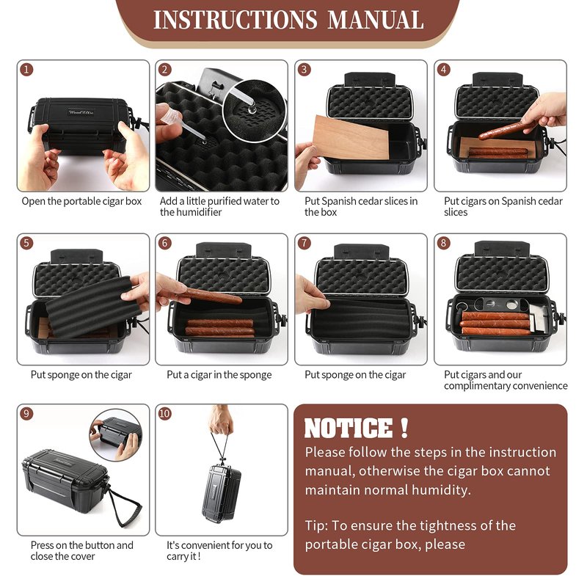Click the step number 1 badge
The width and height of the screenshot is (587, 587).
tap(26, 69)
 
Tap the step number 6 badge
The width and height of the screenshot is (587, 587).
tap(164, 243)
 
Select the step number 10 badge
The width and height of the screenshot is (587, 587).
tap(164, 413)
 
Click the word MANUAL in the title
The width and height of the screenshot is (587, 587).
tap(376, 20)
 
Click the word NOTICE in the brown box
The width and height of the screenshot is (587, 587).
tap(348, 428)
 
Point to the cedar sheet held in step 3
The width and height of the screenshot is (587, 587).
tap(351, 137)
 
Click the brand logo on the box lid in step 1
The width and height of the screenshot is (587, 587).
tap(81, 112)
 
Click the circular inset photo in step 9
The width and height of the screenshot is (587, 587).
tap(116, 435)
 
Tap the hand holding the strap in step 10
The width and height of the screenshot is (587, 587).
tap(221, 419)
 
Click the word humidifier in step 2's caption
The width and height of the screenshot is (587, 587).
tap(200, 212)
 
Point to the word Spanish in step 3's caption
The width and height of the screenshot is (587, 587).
tap(339, 201)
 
